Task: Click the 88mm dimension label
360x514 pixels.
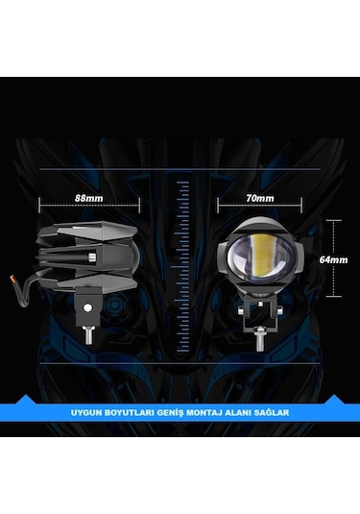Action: [88, 197]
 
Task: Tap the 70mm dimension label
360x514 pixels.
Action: [259, 197]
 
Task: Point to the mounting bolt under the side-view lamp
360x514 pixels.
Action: [88, 335]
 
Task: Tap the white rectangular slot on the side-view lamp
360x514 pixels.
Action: [92, 257]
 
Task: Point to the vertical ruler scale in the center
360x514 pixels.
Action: [180, 259]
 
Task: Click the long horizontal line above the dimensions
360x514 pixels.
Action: [180, 170]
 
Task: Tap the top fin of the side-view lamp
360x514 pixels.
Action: [92, 229]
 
